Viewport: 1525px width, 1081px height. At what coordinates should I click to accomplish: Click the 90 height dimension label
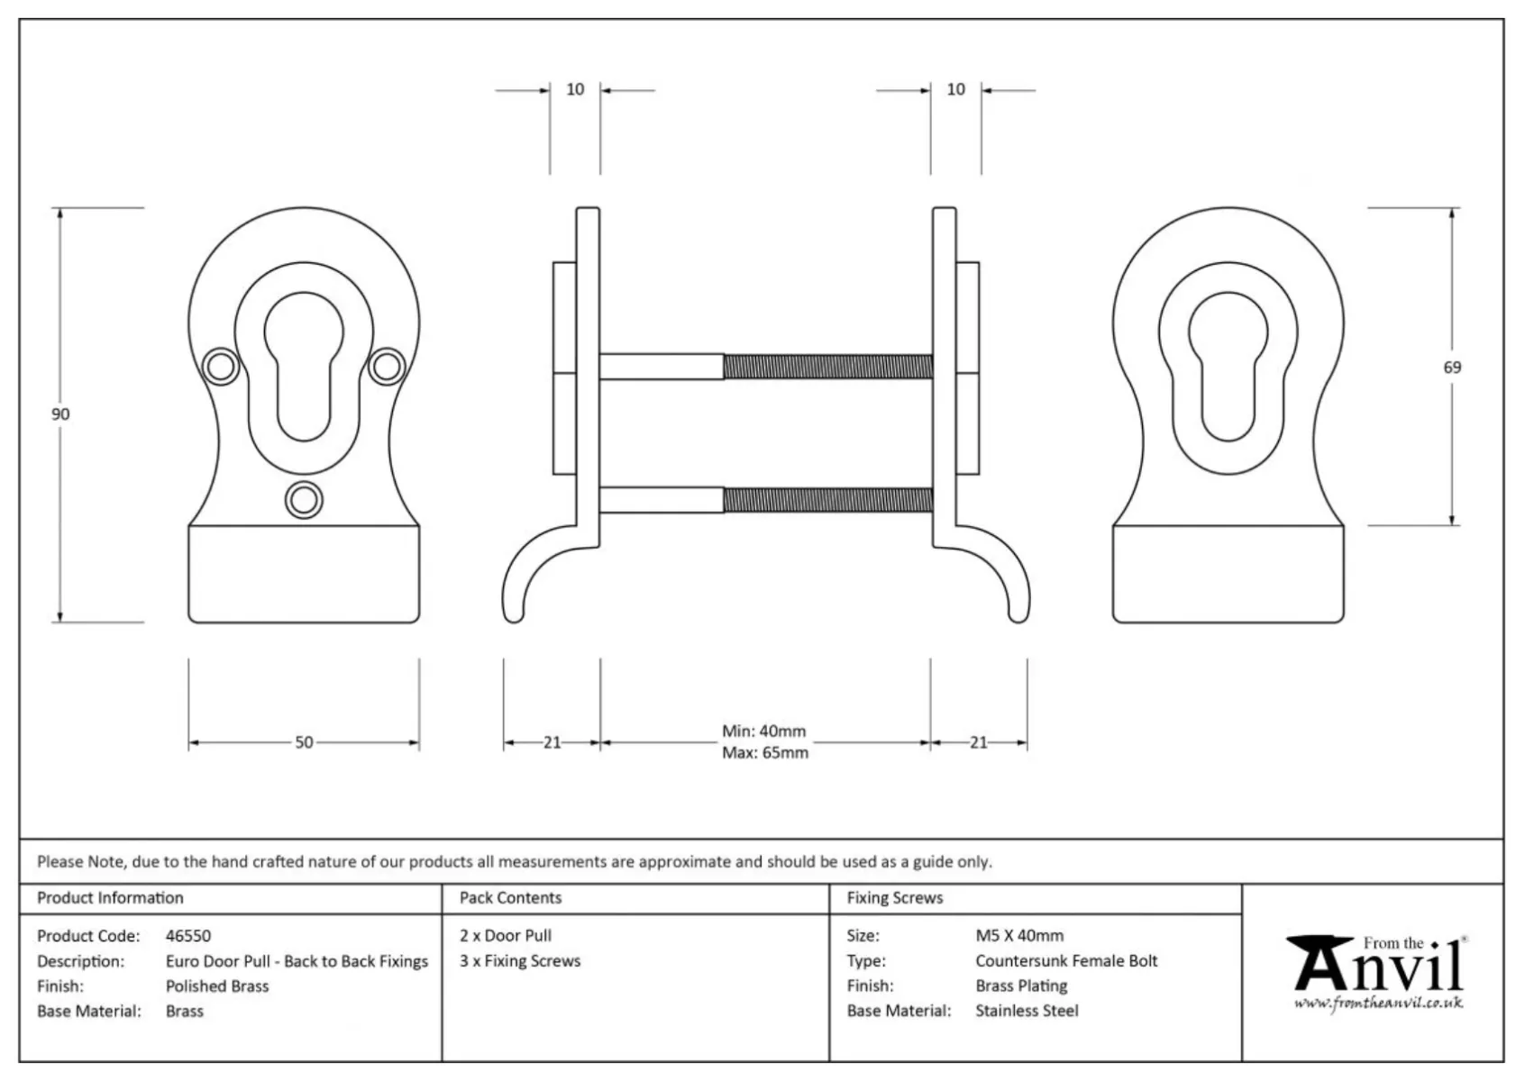(60, 414)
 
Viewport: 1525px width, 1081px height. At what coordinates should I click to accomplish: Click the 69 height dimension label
(1452, 368)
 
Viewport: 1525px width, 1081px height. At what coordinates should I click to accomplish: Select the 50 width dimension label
(304, 743)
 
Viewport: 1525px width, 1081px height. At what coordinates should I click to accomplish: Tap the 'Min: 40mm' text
(763, 731)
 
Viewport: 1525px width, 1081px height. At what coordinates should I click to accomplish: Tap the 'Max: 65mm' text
(764, 753)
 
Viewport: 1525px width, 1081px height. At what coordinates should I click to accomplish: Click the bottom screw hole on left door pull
(304, 500)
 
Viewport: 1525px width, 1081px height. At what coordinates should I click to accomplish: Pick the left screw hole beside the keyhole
(220, 367)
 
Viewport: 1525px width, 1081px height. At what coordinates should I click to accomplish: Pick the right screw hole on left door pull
(388, 367)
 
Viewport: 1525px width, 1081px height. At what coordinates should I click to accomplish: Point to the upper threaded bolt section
(827, 367)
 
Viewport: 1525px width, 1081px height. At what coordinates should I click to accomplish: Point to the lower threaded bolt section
(827, 500)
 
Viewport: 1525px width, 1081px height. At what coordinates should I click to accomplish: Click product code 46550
(188, 936)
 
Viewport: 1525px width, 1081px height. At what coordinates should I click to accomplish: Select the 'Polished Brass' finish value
(217, 986)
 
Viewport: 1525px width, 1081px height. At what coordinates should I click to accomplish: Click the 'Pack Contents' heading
(510, 898)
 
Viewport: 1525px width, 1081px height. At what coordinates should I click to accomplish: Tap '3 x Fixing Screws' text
(520, 961)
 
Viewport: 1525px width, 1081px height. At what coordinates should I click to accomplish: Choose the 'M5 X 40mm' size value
(1019, 936)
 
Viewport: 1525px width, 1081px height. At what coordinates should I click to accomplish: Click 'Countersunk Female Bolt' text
(1066, 961)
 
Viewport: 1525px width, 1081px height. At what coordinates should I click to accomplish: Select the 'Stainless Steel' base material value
(1027, 1012)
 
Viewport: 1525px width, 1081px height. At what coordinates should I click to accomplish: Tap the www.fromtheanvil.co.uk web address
(1378, 1004)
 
